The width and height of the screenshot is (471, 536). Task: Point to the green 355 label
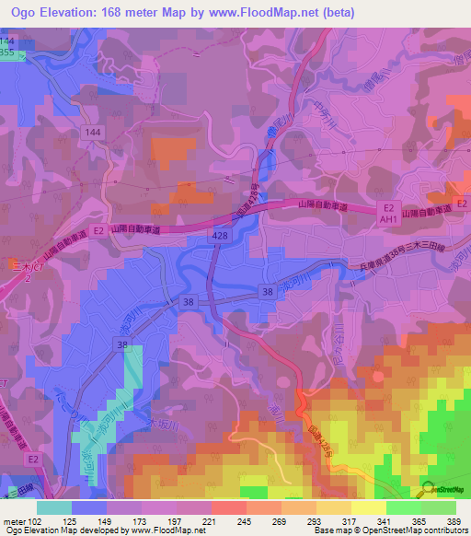(7, 54)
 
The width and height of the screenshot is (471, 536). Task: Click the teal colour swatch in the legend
(54, 507)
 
